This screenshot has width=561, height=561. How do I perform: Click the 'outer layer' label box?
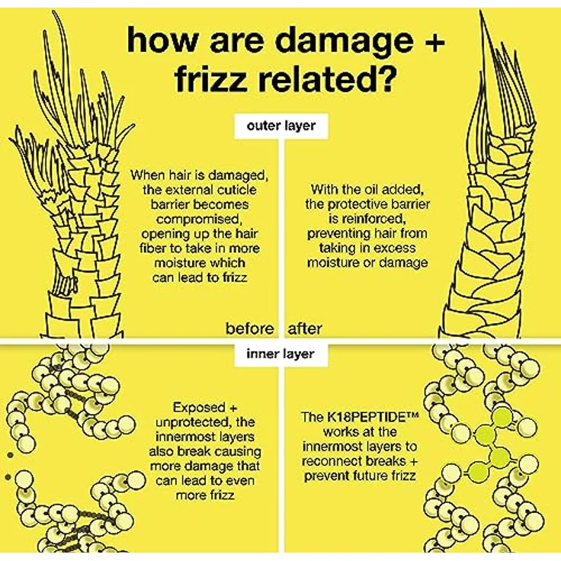[281, 126]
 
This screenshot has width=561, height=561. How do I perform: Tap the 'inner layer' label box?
[280, 354]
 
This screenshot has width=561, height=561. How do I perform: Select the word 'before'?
[250, 329]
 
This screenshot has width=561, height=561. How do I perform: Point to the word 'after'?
[305, 329]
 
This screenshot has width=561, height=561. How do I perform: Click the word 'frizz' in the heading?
[210, 79]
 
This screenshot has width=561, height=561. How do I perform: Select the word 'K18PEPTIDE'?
[367, 417]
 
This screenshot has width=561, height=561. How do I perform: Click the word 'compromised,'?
[199, 219]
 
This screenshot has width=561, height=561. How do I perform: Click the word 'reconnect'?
[331, 461]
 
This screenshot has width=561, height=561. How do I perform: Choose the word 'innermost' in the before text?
[186, 437]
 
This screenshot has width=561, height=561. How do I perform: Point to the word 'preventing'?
[334, 234]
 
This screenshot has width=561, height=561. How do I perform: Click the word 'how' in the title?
[162, 40]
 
